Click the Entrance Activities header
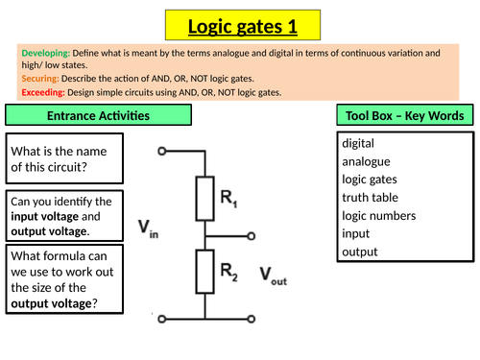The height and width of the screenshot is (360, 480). (x=98, y=116)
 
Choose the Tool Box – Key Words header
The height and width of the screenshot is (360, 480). (x=404, y=116)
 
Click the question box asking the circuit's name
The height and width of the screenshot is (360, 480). (x=65, y=158)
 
